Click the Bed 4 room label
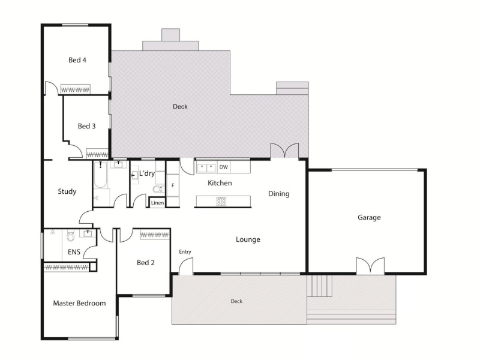coord(77,60)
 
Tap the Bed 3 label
coord(86,126)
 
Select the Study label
coord(67,191)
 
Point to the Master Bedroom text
coord(79,303)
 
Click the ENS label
coord(74,252)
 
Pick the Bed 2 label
coord(145,263)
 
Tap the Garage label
coord(369,218)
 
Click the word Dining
coord(278,194)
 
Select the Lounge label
coord(248,239)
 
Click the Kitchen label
coord(220,183)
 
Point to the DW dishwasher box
coord(224,167)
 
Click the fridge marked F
coord(173,185)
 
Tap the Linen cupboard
coord(157,203)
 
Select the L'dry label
coord(147,173)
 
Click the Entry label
coord(185,251)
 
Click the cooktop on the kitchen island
coord(221,201)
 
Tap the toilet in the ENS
coord(70,236)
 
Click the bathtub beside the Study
coord(100,175)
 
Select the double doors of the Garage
coord(370,265)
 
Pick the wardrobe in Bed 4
coord(76,89)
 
